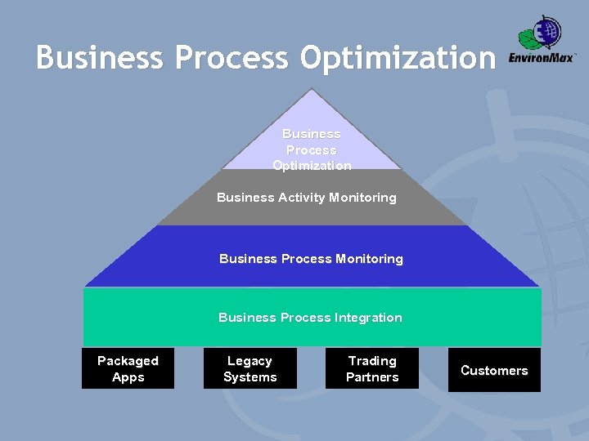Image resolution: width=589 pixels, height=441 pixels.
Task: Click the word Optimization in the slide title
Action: (398, 58)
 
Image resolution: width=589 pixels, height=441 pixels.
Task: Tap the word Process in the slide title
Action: (232, 58)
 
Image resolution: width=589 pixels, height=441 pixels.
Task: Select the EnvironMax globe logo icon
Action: (541, 33)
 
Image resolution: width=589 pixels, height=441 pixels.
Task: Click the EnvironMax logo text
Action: (542, 58)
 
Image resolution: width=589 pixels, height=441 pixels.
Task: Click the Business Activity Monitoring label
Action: (307, 198)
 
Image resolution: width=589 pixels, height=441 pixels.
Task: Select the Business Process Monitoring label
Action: (311, 259)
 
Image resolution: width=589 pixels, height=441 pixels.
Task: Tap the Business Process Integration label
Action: (310, 318)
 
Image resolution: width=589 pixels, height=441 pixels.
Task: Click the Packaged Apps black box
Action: (128, 368)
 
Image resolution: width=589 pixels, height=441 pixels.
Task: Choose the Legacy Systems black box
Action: (250, 368)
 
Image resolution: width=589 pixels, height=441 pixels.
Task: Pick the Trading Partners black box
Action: (372, 368)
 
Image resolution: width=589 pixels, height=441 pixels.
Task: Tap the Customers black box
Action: (494, 370)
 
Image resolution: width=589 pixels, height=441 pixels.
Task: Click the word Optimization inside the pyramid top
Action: (312, 166)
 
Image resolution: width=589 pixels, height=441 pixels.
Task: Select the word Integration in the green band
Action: (368, 318)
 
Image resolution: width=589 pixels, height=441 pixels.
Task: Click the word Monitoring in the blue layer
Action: (369, 259)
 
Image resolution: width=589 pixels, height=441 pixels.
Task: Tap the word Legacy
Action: (250, 361)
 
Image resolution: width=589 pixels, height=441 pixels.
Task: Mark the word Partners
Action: (372, 377)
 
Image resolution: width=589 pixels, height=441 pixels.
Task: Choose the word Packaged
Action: (128, 361)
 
